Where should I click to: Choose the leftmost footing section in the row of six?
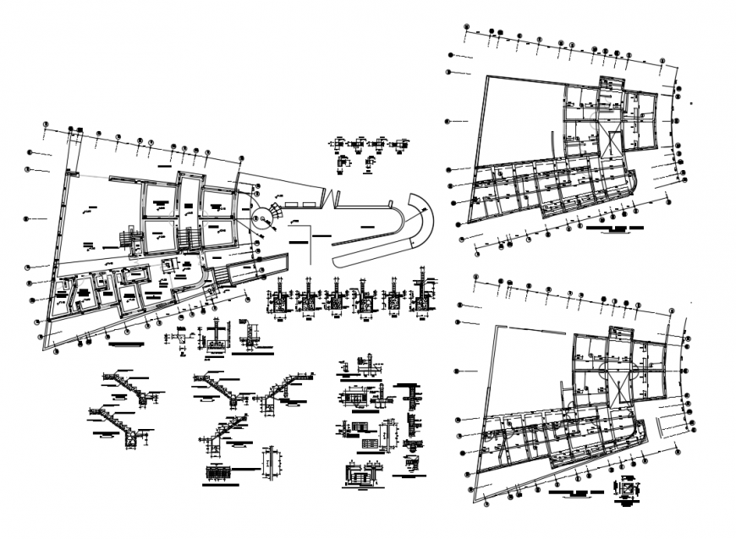[x=277, y=300]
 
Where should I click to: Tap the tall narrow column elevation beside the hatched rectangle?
[x=270, y=464]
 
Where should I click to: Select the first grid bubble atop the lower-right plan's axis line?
[x=476, y=278]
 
